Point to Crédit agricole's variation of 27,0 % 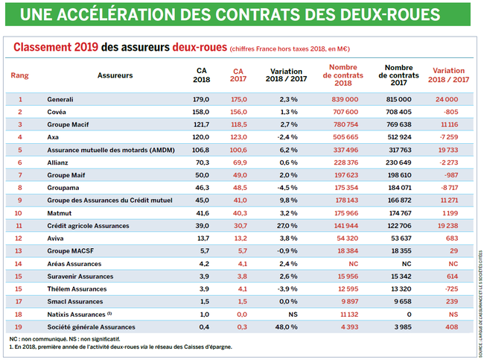(282, 225)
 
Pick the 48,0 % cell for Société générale (282, 326)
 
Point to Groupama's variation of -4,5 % (282, 187)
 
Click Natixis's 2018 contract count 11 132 (343, 314)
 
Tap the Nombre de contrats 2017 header (400, 75)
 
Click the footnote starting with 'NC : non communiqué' (89, 339)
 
